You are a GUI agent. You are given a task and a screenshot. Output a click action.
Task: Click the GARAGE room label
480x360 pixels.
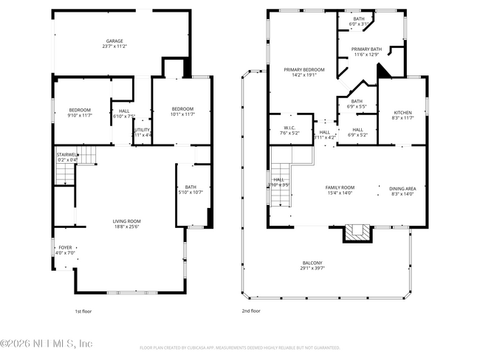[114, 41]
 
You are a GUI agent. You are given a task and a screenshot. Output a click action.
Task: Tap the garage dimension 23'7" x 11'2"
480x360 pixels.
[114, 46]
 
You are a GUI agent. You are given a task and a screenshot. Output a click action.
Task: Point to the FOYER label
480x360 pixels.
[66, 248]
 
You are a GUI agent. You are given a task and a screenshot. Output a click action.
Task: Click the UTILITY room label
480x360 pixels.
[142, 130]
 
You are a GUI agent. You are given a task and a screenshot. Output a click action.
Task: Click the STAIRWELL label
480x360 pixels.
[67, 155]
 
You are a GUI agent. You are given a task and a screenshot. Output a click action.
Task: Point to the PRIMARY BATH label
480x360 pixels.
[366, 49]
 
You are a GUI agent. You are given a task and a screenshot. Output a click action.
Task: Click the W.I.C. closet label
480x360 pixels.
[289, 128]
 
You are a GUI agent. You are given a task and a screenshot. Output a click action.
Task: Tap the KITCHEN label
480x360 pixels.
[402, 112]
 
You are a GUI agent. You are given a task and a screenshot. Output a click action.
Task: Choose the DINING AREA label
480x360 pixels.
[402, 188]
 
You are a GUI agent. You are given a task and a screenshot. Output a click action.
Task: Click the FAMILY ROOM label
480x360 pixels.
[340, 188]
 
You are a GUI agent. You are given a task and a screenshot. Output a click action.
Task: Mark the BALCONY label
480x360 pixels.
[312, 263]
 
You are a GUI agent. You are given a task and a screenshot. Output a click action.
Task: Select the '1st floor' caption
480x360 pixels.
[83, 311]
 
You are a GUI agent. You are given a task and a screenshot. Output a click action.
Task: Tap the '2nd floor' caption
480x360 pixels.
[251, 311]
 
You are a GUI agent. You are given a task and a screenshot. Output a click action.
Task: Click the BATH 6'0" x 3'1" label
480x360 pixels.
[358, 18]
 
